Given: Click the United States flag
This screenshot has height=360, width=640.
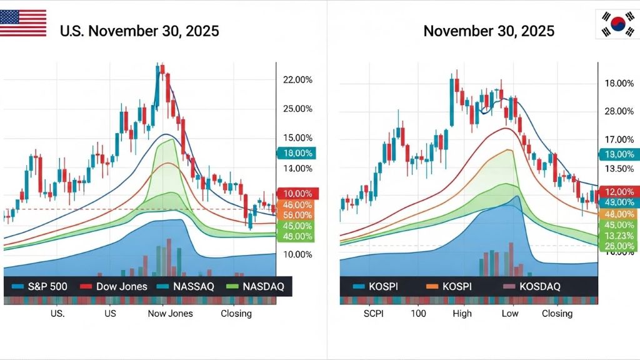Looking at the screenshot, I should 23,23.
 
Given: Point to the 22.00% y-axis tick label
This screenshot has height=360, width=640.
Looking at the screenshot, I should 297,80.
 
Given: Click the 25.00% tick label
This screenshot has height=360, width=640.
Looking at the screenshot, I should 297,109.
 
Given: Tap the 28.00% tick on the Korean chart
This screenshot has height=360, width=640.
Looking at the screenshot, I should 618,111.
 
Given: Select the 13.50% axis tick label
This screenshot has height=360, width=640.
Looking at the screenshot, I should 618,169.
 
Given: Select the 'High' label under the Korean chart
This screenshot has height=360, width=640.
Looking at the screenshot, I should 462,313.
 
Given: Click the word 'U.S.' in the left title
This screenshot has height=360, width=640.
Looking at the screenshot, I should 71,31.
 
